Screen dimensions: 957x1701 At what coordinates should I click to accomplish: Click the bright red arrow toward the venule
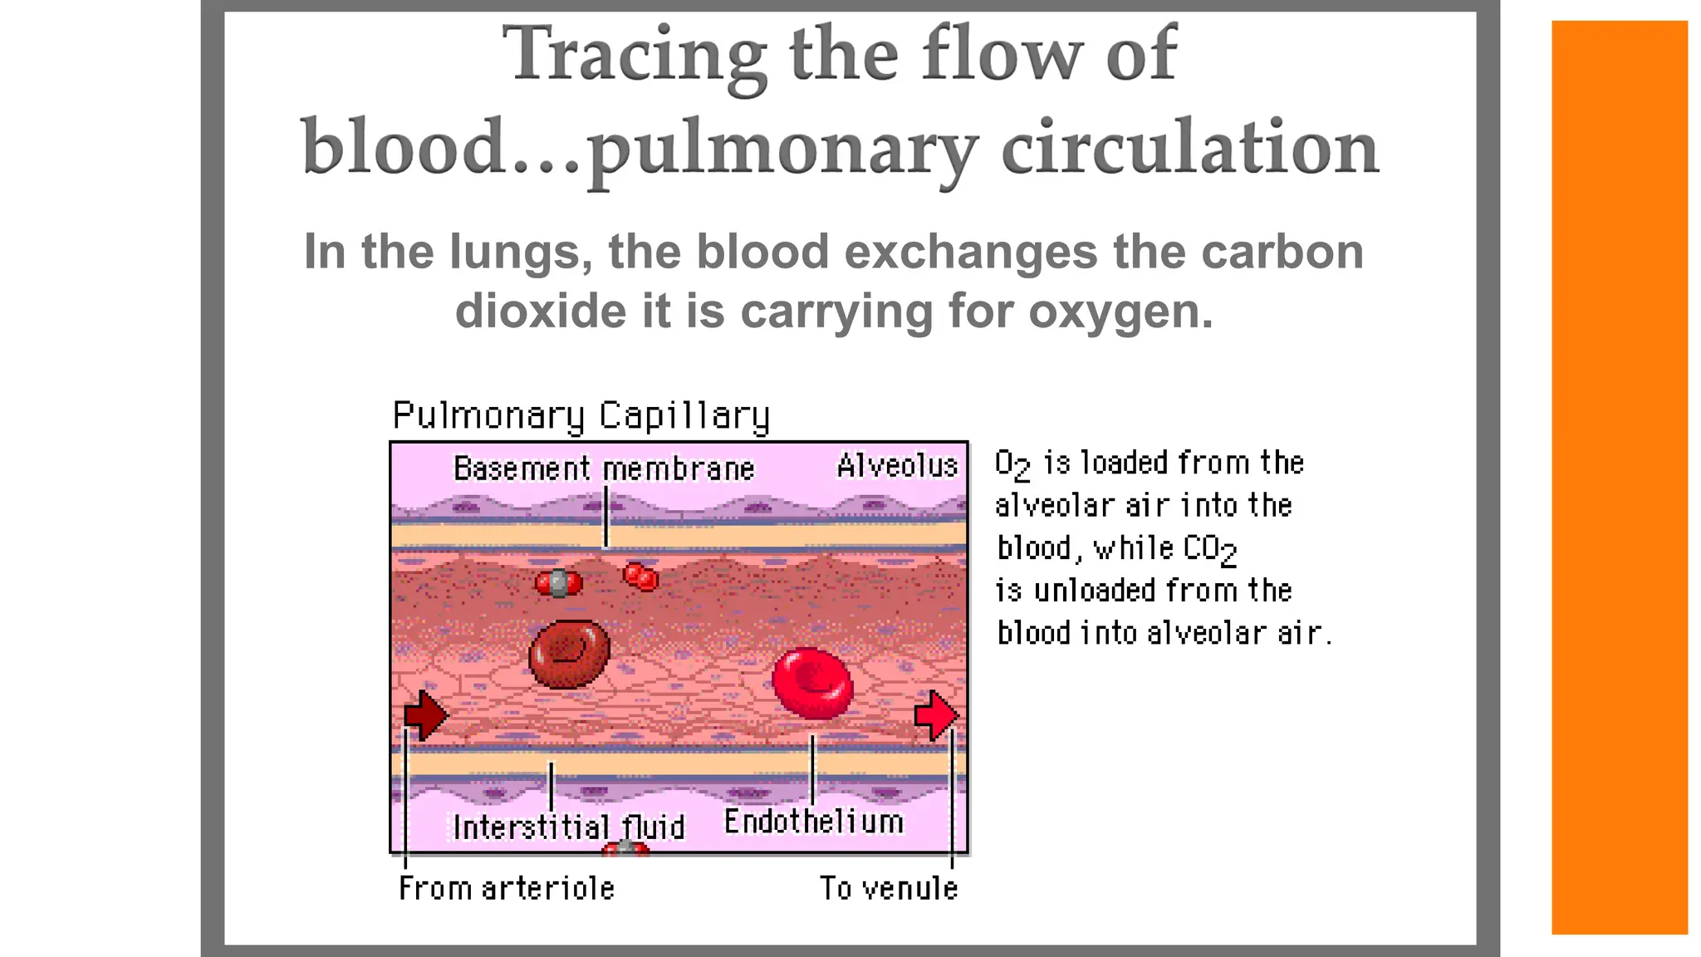coord(936,715)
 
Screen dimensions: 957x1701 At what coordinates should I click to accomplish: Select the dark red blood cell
coord(570,654)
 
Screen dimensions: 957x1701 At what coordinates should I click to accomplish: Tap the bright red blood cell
coord(812,683)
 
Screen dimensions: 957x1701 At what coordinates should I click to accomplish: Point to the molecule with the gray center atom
coord(559,583)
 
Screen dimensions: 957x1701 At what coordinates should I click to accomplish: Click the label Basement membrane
coord(604,469)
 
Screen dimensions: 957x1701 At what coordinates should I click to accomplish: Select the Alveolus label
coord(897,466)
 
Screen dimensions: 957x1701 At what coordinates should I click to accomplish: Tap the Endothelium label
coord(813,822)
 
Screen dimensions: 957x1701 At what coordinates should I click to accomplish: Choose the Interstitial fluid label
coord(569,827)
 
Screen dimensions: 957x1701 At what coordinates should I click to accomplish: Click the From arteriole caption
coord(507,888)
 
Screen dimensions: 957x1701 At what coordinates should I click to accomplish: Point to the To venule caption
coord(889,888)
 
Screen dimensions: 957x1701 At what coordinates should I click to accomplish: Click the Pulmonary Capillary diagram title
coord(581,415)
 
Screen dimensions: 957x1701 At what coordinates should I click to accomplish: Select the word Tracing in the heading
coord(635,55)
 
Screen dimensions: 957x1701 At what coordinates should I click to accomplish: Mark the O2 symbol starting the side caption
coord(1012,464)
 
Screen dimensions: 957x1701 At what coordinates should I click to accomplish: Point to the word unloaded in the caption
coord(1095,591)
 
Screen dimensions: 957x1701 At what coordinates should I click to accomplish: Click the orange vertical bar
coord(1619,478)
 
